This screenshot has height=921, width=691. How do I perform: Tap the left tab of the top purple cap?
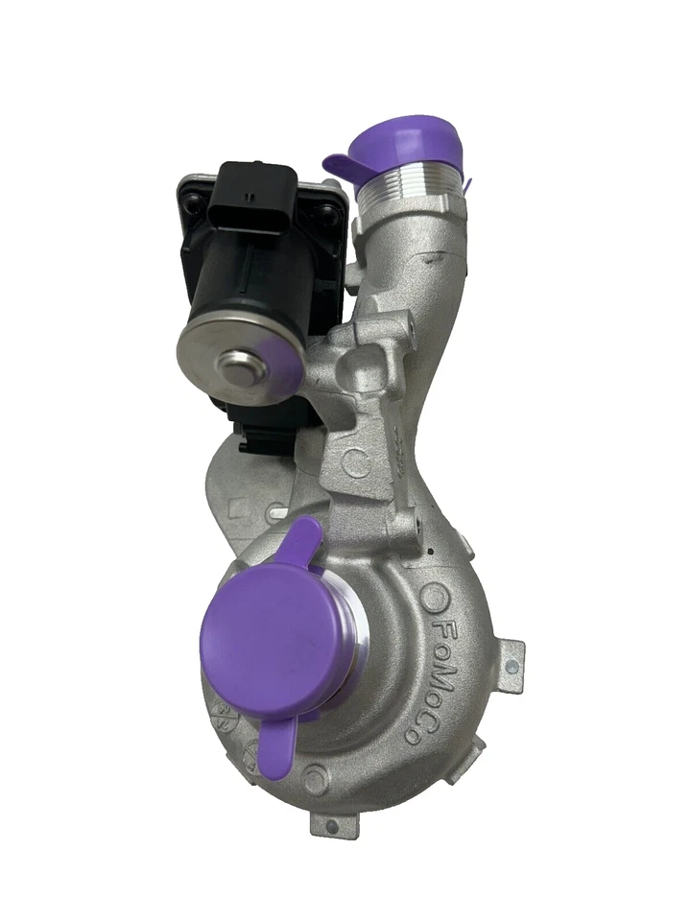pyautogui.click(x=338, y=166)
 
